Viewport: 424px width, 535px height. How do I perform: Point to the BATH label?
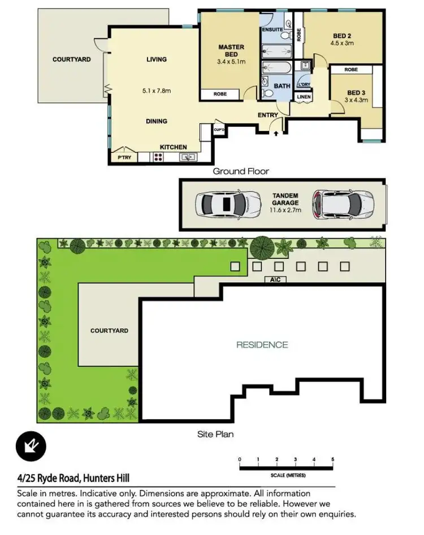pos(282,86)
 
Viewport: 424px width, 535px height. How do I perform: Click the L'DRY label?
pos(304,84)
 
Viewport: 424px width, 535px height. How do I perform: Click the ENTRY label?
pos(268,116)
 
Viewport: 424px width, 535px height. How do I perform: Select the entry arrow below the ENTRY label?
pos(276,133)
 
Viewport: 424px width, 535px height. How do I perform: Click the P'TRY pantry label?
pos(124,157)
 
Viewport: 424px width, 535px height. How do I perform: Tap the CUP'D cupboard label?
pos(219,129)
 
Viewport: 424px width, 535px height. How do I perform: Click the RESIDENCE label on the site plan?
pos(262,345)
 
